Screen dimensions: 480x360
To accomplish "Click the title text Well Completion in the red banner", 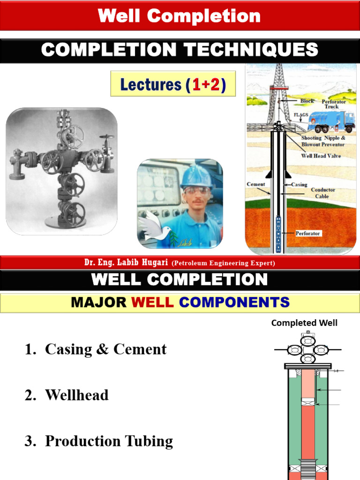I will [x=180, y=16].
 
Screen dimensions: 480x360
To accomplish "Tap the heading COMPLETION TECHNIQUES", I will [x=180, y=50].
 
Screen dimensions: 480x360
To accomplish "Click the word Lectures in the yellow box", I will [x=151, y=84].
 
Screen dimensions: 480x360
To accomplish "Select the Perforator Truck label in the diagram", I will [x=334, y=104].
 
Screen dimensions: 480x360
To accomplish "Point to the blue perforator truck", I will [x=331, y=121].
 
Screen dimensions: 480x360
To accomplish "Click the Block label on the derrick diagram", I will [x=307, y=101].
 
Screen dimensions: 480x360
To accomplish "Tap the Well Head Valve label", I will [x=321, y=156].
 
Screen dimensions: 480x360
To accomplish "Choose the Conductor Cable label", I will [x=323, y=193].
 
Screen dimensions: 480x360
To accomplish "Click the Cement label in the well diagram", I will [x=256, y=184].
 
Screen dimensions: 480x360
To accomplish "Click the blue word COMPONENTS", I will [x=234, y=302].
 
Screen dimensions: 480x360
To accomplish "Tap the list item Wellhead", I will [x=76, y=395].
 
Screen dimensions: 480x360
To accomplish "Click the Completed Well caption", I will [x=304, y=322].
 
